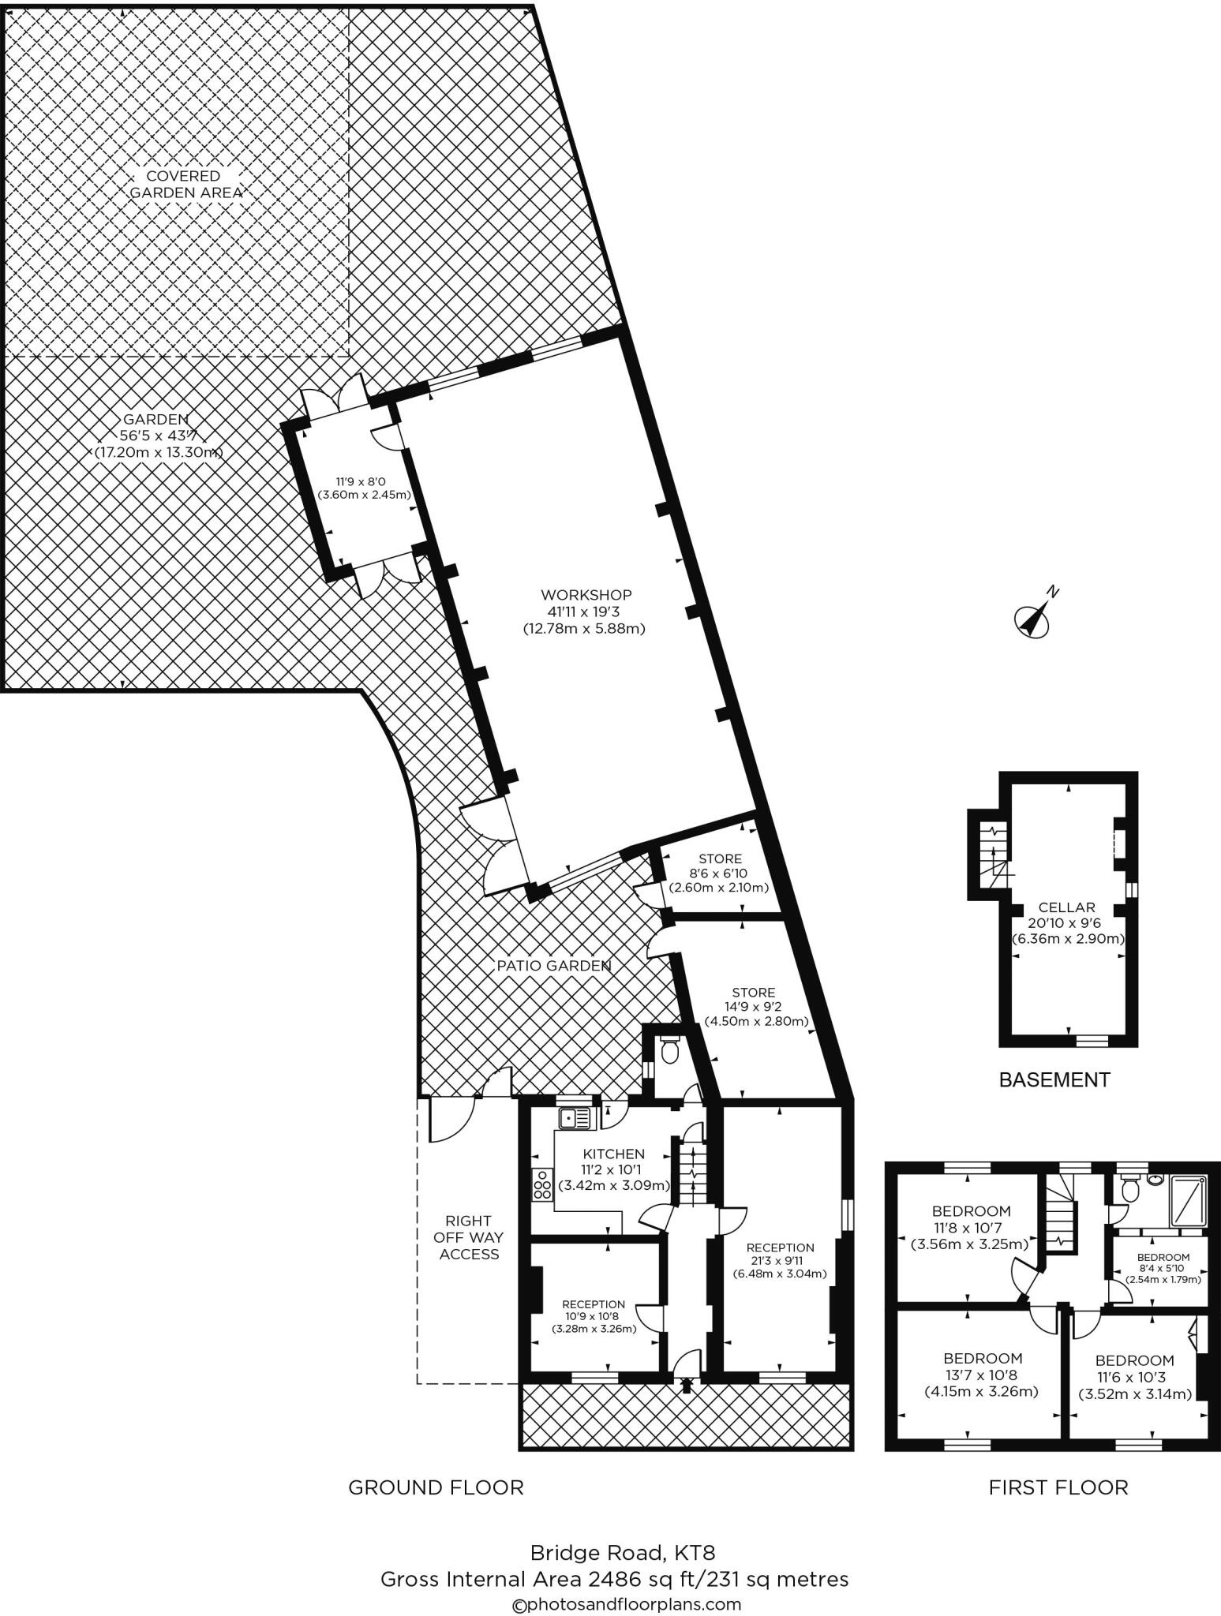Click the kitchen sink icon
point(575,1119)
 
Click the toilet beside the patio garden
point(669,1051)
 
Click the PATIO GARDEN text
point(553,965)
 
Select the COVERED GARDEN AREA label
point(185,184)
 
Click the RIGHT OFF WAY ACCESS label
point(470,1237)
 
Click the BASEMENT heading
point(1054,1079)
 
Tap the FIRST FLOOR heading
point(1058,1487)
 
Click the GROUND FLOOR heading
point(436,1487)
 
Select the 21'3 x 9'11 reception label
point(780,1261)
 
